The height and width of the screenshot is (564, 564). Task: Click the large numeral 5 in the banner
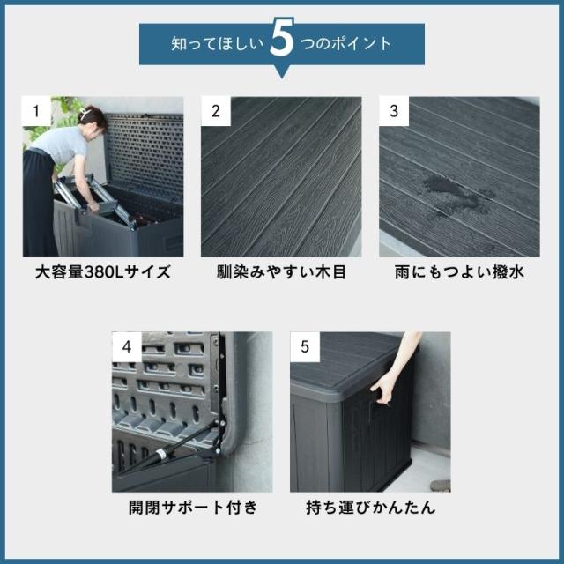click(x=282, y=37)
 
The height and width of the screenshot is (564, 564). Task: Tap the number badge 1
click(x=36, y=111)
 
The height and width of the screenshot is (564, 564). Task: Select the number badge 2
click(x=215, y=111)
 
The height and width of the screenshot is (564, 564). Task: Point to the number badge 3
click(x=394, y=111)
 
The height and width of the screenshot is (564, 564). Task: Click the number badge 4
click(x=127, y=346)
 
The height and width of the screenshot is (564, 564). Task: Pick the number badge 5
click(x=305, y=346)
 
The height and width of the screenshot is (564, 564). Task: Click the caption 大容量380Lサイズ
click(x=103, y=272)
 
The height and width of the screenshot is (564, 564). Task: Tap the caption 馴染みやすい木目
click(x=281, y=272)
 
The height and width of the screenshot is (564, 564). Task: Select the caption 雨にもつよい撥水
click(x=459, y=272)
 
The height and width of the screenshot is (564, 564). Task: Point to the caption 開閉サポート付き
click(x=193, y=508)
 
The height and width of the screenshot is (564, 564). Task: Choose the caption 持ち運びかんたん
click(x=371, y=508)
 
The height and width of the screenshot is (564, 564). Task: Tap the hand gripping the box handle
click(x=383, y=390)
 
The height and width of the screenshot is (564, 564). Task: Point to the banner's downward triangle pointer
click(x=282, y=72)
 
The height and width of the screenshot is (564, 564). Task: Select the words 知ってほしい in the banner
click(x=218, y=44)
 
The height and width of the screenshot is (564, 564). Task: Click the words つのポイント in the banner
click(x=345, y=44)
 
